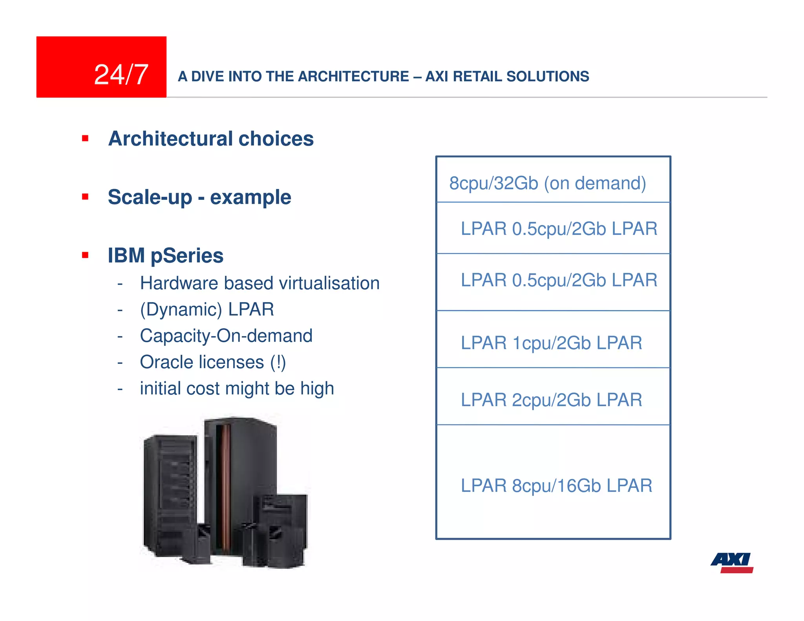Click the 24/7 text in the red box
click(121, 75)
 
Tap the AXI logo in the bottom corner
click(732, 562)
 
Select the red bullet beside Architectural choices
click(85, 138)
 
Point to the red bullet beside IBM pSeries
click(85, 255)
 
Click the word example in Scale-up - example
click(250, 197)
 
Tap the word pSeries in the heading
click(187, 256)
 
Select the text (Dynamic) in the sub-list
click(181, 309)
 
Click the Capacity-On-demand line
click(226, 336)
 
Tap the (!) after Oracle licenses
click(278, 362)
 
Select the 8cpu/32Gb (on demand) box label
click(547, 183)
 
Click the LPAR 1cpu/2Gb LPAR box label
click(551, 343)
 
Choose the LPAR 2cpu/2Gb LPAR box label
click(551, 400)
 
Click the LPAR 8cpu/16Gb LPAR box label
click(556, 485)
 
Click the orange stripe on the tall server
click(226, 487)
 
